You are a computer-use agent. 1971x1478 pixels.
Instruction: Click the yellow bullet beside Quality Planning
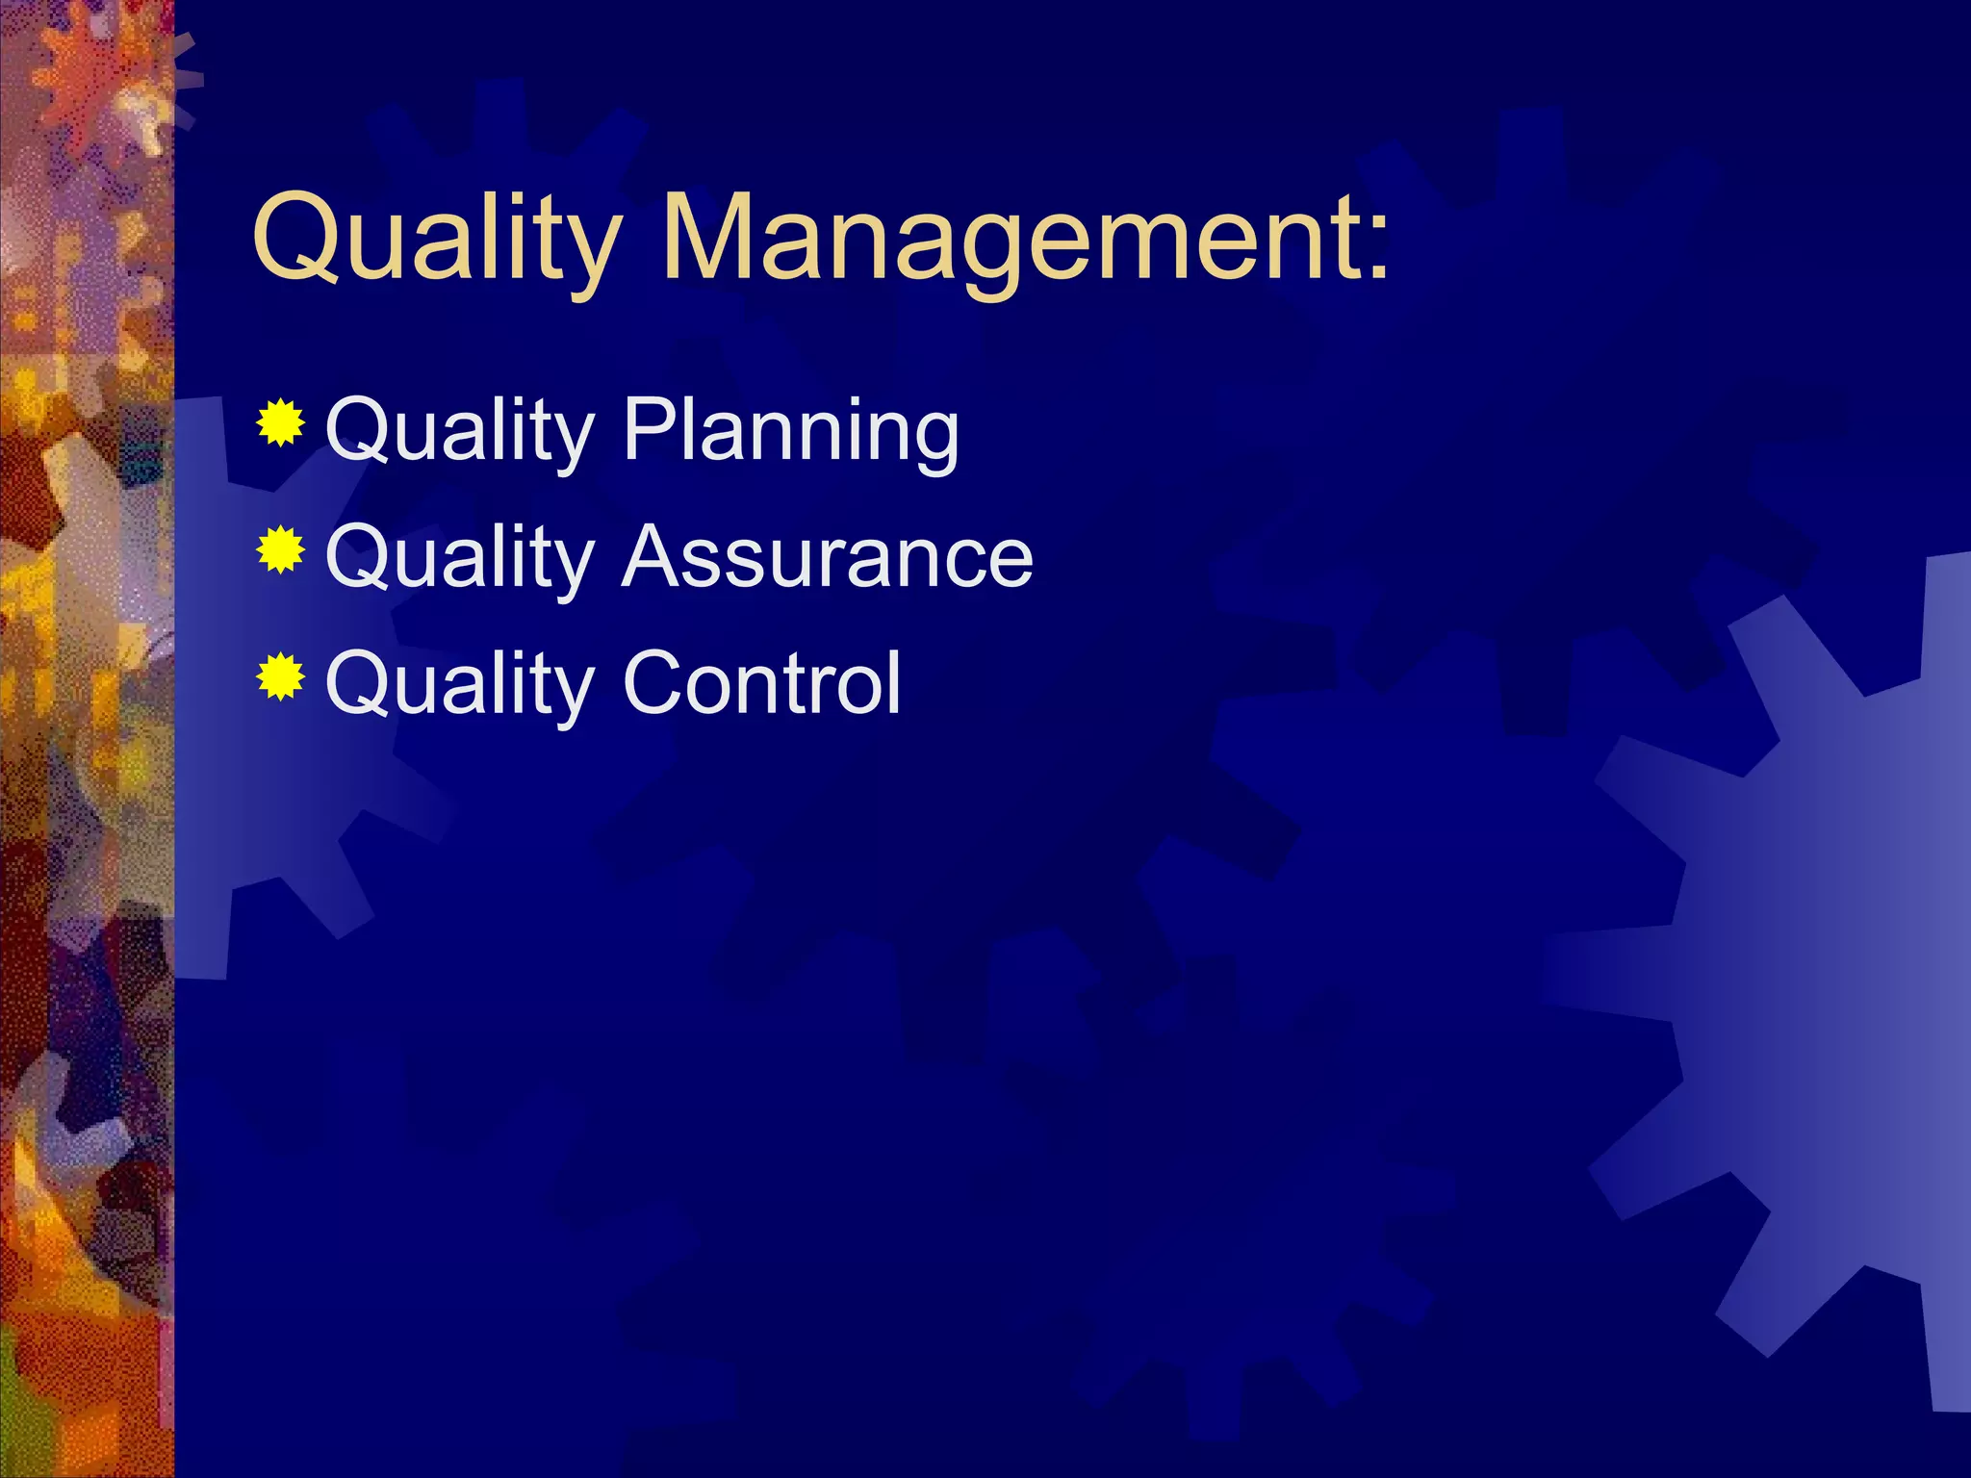[281, 422]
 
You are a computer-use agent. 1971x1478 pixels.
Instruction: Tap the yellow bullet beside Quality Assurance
[281, 549]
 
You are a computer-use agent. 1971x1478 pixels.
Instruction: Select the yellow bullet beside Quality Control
[281, 676]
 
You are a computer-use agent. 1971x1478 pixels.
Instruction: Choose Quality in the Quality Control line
[460, 684]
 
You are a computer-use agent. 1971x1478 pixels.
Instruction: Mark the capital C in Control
[657, 682]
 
